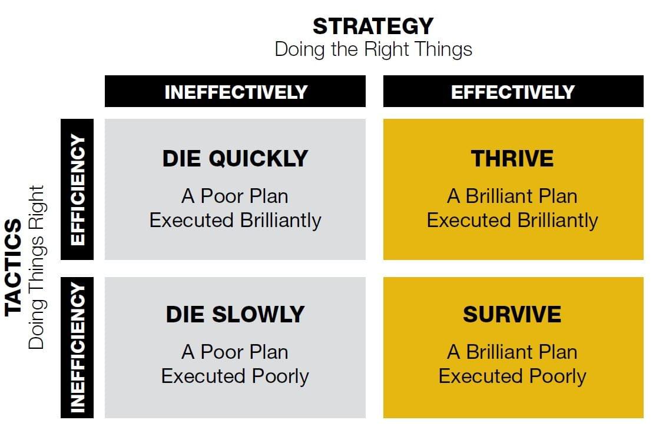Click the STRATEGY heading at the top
click(373, 26)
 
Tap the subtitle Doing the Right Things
click(373, 50)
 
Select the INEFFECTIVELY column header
click(236, 92)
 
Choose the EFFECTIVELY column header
click(513, 92)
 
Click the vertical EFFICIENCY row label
click(77, 189)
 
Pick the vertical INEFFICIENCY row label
click(77, 348)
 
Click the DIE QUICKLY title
click(235, 159)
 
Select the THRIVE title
click(512, 159)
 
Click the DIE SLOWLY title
click(235, 314)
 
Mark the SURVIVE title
click(512, 314)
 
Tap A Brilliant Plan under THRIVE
click(512, 196)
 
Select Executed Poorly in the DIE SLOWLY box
click(235, 376)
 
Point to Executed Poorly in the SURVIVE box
click(512, 376)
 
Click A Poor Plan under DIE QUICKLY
click(235, 196)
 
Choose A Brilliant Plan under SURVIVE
click(512, 352)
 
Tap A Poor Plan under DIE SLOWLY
click(235, 352)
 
